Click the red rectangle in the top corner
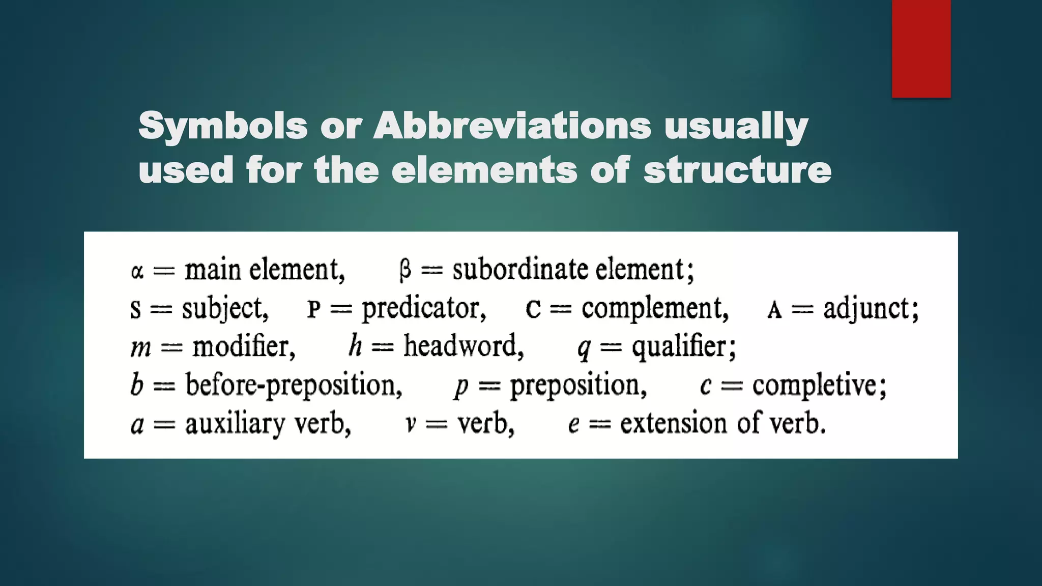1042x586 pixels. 921,48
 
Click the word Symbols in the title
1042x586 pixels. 223,126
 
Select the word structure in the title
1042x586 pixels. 737,170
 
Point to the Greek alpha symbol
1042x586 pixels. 137,271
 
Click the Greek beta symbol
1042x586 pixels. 405,270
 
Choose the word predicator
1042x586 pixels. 423,309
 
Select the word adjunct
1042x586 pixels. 871,309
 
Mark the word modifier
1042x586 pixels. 243,347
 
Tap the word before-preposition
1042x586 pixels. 293,386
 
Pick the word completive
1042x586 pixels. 819,385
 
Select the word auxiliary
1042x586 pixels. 235,424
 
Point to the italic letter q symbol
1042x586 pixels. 584,348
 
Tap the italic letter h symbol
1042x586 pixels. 355,345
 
